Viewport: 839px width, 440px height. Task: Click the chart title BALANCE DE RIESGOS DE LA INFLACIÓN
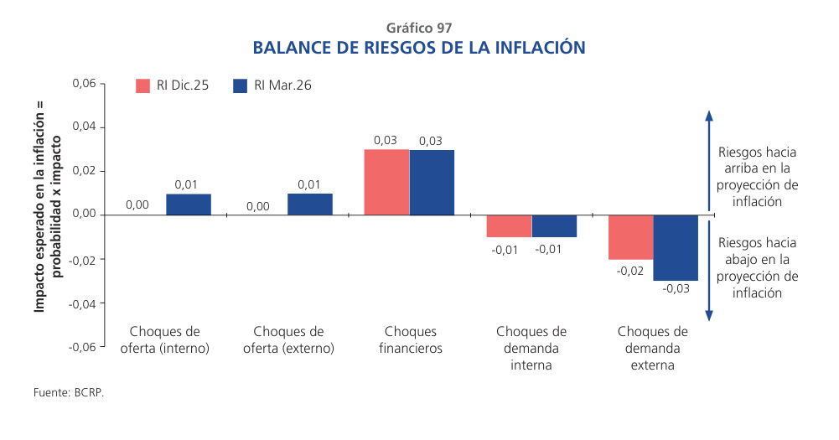(419, 48)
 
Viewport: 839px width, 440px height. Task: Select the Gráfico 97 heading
(419, 27)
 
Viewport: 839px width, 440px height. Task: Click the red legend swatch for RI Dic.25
(142, 85)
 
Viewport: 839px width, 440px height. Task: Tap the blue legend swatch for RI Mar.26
(241, 85)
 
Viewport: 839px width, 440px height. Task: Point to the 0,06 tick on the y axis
(85, 84)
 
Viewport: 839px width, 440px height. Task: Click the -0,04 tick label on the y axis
(83, 303)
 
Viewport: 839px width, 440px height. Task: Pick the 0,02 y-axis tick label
(85, 171)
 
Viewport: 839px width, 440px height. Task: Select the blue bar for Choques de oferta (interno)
(189, 204)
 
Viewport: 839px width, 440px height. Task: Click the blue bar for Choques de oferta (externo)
(310, 204)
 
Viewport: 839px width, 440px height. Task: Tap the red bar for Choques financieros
(386, 182)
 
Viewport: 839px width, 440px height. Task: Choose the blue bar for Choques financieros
(432, 182)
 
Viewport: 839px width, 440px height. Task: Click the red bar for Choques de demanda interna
(509, 225)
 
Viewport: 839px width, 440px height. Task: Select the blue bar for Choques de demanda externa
(676, 247)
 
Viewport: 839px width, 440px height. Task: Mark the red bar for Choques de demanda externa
(630, 236)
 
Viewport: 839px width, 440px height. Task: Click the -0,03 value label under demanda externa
(676, 288)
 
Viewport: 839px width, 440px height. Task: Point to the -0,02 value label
(630, 271)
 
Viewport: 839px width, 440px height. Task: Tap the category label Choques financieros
(411, 339)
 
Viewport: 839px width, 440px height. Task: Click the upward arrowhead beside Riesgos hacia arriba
(709, 116)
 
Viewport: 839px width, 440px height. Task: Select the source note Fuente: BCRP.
(69, 391)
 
